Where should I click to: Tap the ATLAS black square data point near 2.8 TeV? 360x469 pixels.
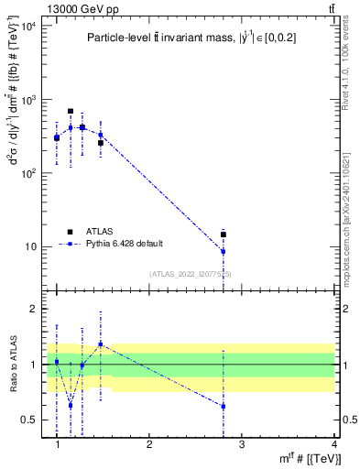click(224, 234)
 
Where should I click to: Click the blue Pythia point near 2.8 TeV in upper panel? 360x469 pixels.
click(224, 251)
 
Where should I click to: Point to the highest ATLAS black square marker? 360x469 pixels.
click(71, 111)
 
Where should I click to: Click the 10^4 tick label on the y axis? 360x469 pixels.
click(27, 26)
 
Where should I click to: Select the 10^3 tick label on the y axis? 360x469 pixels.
click(27, 99)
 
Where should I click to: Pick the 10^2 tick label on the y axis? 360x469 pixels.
click(27, 173)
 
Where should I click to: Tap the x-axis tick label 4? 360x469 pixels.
click(333, 444)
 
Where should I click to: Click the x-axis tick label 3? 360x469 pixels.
click(241, 444)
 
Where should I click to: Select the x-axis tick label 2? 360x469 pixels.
click(149, 444)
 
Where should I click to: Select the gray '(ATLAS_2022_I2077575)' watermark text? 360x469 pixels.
click(191, 274)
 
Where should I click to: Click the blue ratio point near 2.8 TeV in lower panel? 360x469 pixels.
click(224, 406)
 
